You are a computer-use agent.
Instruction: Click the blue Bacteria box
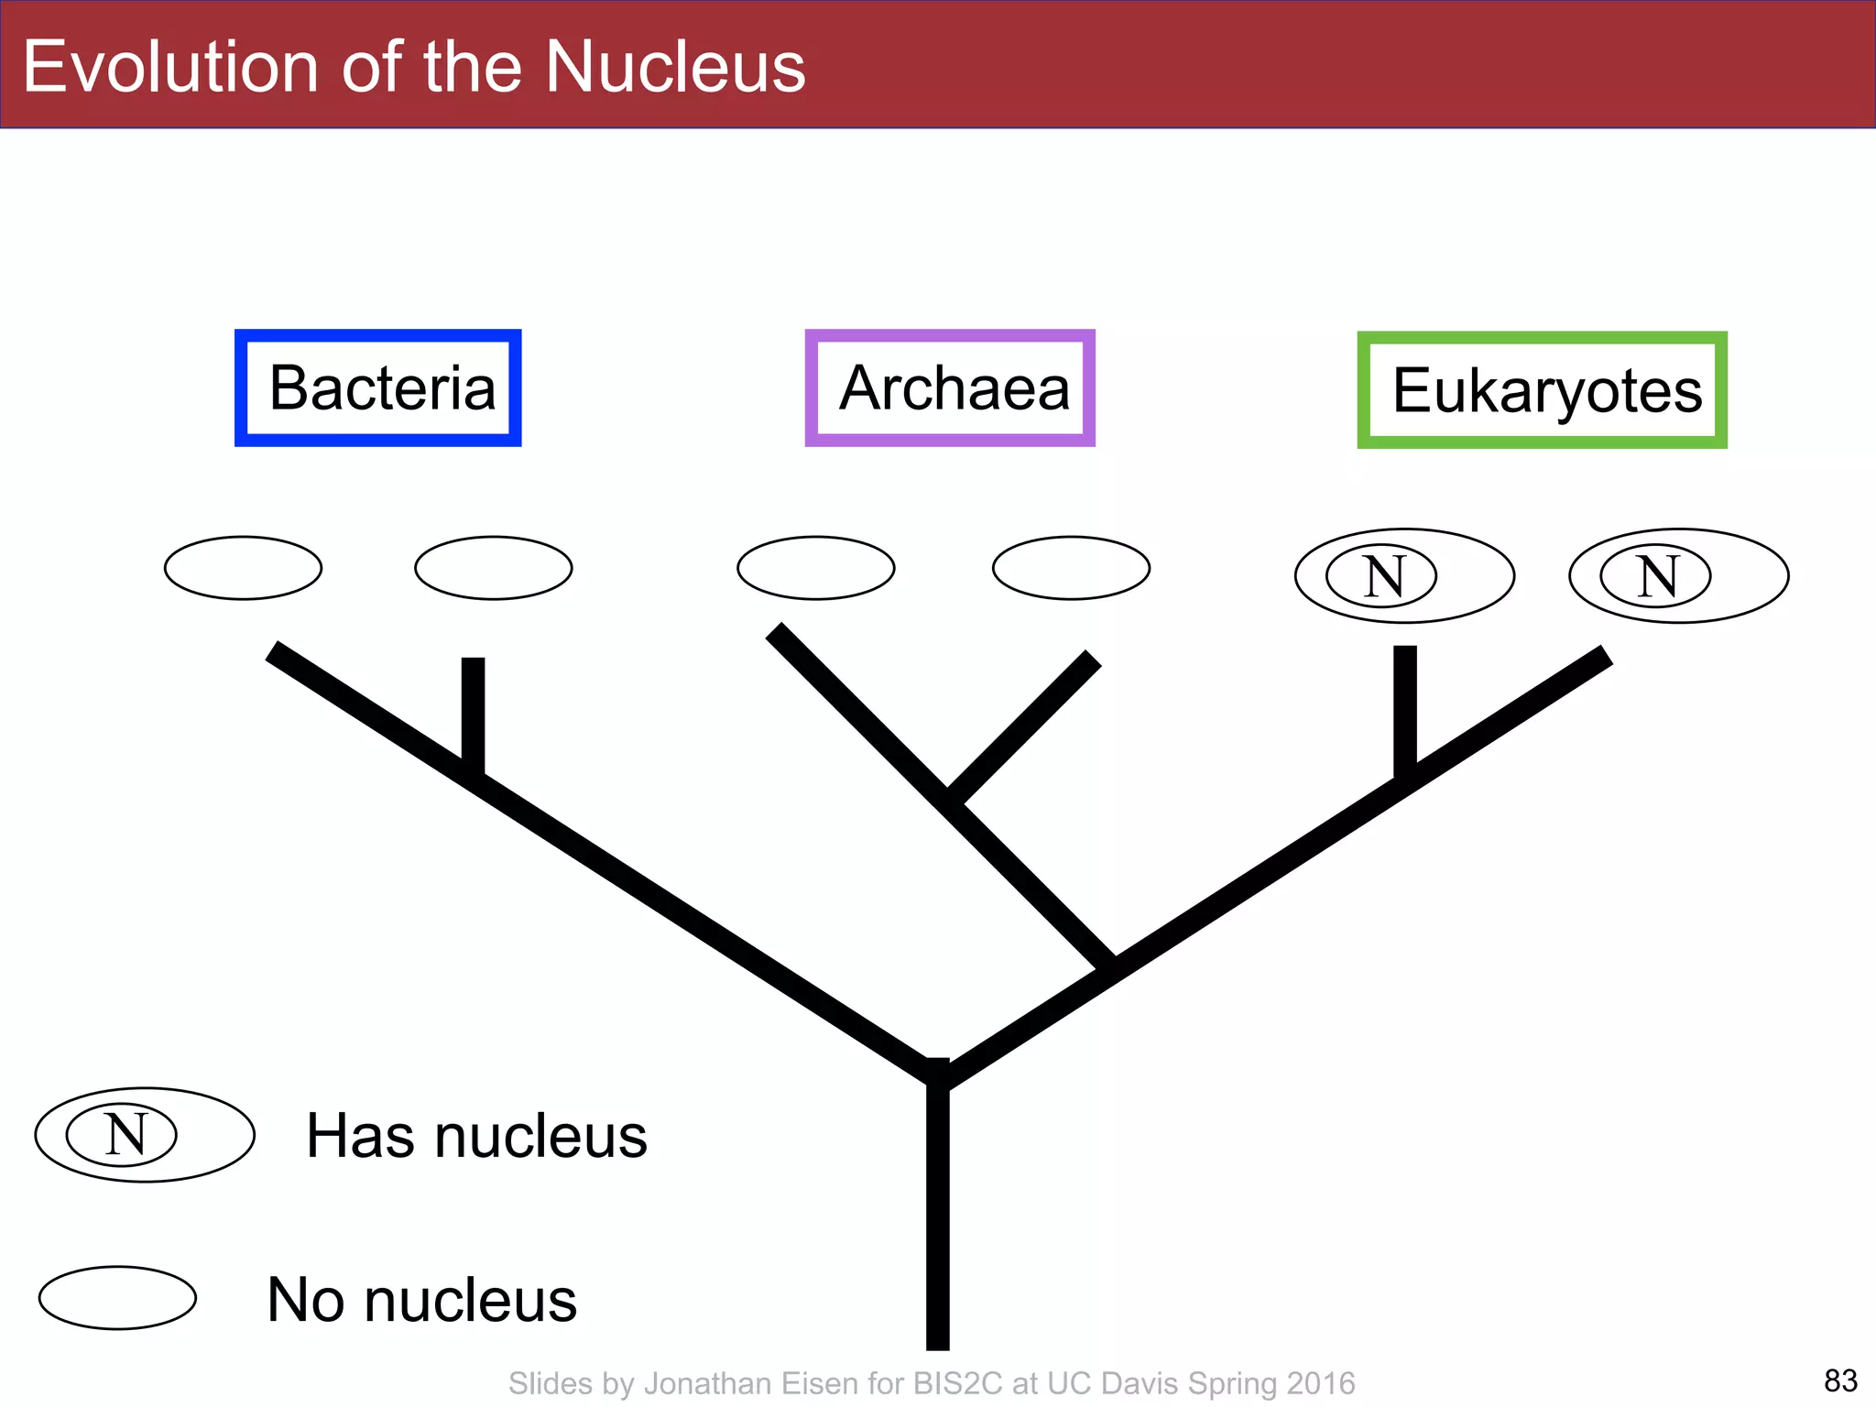(378, 388)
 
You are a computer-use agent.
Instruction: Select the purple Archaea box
(950, 388)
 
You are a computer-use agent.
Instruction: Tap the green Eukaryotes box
(1542, 390)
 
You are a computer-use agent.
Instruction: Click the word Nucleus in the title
(675, 67)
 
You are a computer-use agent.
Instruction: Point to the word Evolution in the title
(170, 67)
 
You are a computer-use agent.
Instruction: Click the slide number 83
(1840, 1380)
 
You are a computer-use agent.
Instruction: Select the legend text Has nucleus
(476, 1136)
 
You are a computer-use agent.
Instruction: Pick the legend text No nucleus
(421, 1299)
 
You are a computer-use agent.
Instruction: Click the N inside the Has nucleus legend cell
(124, 1135)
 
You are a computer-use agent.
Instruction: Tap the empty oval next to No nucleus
(117, 1298)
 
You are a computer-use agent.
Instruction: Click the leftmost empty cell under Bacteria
(243, 568)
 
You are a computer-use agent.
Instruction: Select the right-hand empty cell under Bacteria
(494, 568)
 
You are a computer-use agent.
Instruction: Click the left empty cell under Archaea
(815, 568)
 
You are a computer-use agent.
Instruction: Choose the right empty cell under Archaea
(1071, 568)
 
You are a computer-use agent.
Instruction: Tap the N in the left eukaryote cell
(1383, 576)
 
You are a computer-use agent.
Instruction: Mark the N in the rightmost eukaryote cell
(1656, 576)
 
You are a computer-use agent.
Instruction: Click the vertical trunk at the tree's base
(937, 1218)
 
